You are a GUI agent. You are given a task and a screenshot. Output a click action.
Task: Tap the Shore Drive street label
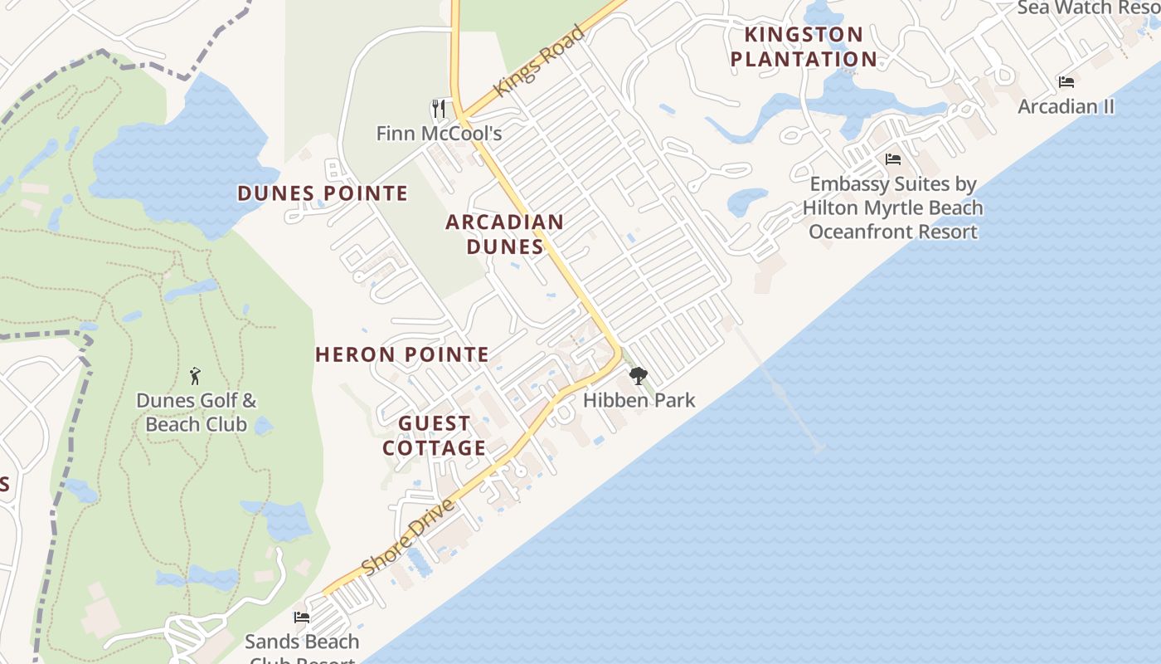(x=409, y=537)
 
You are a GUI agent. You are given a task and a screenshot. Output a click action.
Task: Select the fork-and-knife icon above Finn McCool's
(x=439, y=109)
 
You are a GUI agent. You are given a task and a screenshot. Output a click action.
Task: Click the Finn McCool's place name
(x=439, y=133)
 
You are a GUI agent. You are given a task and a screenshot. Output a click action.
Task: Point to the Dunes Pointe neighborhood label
(x=323, y=193)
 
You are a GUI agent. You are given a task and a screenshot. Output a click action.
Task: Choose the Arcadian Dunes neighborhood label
(x=505, y=234)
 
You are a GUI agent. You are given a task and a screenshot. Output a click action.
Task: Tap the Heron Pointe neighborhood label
(x=402, y=354)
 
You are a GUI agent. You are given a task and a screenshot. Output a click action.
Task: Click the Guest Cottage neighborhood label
(x=434, y=436)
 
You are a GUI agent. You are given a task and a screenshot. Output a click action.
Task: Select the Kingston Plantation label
(x=804, y=46)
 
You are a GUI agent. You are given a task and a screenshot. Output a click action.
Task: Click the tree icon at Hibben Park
(x=638, y=376)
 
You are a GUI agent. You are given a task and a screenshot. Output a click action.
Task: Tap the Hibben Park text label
(x=639, y=400)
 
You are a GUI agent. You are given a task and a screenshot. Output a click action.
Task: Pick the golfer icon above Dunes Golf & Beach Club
(x=196, y=376)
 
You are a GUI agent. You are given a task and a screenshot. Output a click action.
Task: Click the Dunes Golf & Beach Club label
(x=197, y=413)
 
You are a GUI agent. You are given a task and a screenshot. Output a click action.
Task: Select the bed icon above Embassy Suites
(x=893, y=159)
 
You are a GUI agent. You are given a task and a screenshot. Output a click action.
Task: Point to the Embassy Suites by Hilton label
(x=893, y=207)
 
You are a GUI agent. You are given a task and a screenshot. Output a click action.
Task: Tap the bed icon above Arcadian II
(x=1066, y=82)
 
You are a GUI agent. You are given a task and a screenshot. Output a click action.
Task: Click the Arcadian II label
(x=1066, y=106)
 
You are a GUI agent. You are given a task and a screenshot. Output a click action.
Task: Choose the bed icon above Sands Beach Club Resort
(x=302, y=618)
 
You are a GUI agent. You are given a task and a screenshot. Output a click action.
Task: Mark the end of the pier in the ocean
(x=819, y=448)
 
